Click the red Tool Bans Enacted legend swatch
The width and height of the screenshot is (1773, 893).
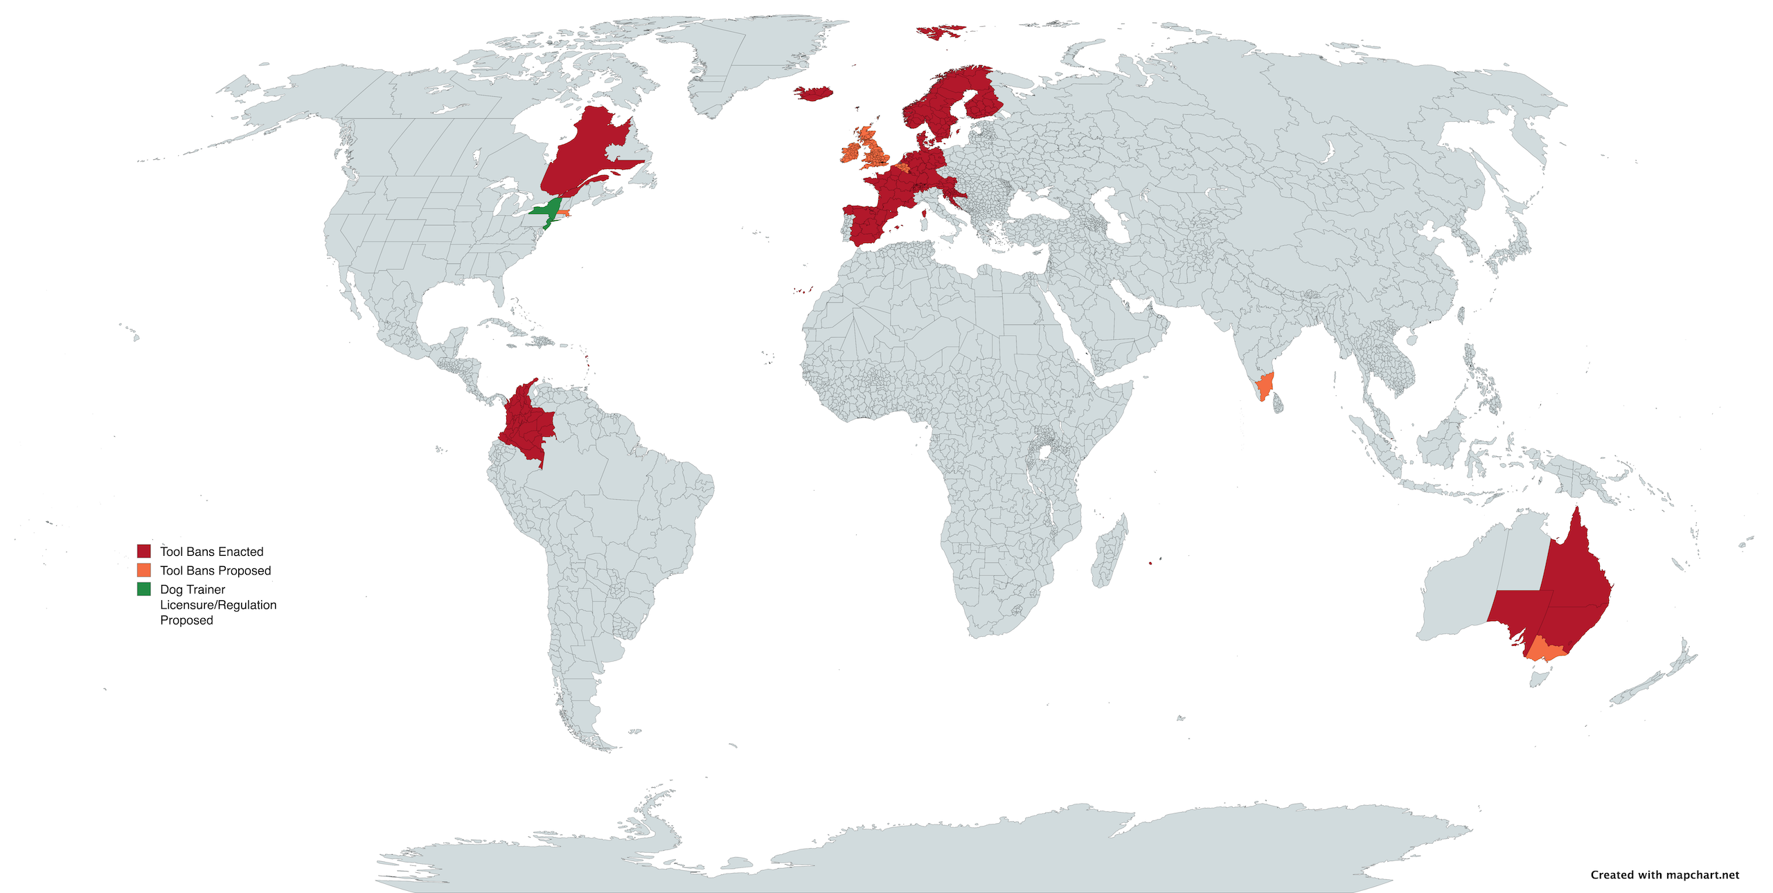[x=143, y=551]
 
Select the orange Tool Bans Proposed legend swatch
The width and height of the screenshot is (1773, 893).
[x=143, y=570]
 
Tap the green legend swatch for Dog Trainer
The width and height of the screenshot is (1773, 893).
[x=143, y=589]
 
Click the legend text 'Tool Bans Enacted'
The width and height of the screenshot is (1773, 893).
[x=211, y=552]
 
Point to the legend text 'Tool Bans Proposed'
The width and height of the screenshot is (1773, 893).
[x=215, y=570]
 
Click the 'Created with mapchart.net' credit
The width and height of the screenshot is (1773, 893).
[x=1664, y=874]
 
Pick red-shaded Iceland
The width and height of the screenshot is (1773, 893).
[x=813, y=93]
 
